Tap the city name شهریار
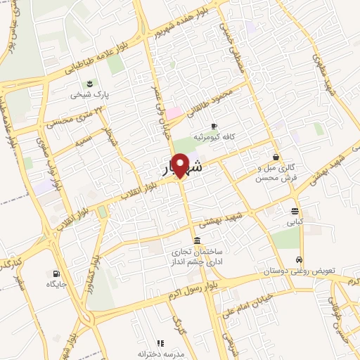tap(180, 169)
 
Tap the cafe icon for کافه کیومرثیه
tap(214, 125)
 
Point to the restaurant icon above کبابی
tap(295, 210)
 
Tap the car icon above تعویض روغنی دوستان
tap(300, 259)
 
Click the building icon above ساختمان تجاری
tap(195, 240)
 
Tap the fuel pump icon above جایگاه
tap(56, 274)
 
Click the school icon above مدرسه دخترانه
tap(160, 343)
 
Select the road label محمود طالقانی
tap(221, 96)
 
